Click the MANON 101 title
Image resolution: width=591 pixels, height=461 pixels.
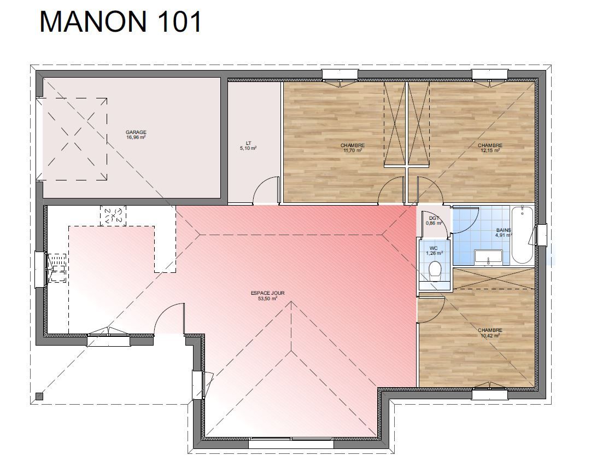(x=121, y=22)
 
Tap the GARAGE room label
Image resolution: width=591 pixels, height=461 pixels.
(x=136, y=132)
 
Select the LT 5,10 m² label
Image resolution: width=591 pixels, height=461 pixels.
(x=248, y=146)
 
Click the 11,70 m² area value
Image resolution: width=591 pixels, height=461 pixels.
(x=353, y=150)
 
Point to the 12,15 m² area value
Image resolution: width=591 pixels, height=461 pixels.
(x=490, y=150)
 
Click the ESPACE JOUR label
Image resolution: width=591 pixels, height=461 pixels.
(x=267, y=293)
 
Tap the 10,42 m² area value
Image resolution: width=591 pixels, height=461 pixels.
(x=490, y=335)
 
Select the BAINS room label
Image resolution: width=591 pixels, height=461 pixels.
(x=504, y=230)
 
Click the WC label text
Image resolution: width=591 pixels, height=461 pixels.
(x=434, y=248)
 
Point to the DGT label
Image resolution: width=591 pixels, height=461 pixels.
(x=434, y=218)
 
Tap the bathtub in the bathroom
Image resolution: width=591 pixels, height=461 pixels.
(x=522, y=235)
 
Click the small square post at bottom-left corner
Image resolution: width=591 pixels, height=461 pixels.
(x=39, y=396)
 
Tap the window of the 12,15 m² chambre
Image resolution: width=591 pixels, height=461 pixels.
(x=490, y=75)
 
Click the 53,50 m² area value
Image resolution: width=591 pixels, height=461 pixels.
(x=267, y=298)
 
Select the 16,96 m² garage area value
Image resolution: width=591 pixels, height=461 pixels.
(x=136, y=138)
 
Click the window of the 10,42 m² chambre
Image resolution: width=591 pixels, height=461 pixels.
(x=490, y=394)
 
